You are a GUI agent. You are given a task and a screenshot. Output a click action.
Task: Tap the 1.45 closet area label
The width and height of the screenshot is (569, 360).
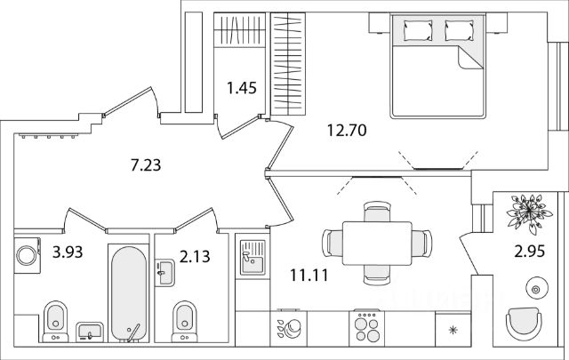[x=242, y=88]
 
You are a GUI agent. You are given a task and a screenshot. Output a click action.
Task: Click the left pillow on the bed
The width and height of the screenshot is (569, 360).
[x=417, y=31]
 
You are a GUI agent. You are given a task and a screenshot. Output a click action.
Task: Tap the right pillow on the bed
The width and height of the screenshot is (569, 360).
[x=460, y=31]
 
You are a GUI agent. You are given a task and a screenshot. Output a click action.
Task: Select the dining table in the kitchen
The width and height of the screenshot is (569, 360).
[x=376, y=242]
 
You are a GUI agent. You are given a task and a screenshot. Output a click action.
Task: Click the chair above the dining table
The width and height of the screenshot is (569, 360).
[x=376, y=212]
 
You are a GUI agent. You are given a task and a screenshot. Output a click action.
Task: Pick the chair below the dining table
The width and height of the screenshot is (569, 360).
[x=376, y=272]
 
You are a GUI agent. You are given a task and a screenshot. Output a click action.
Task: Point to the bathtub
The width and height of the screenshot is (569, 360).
[x=130, y=290]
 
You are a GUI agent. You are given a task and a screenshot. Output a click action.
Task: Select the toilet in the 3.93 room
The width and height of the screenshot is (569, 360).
[x=54, y=318]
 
